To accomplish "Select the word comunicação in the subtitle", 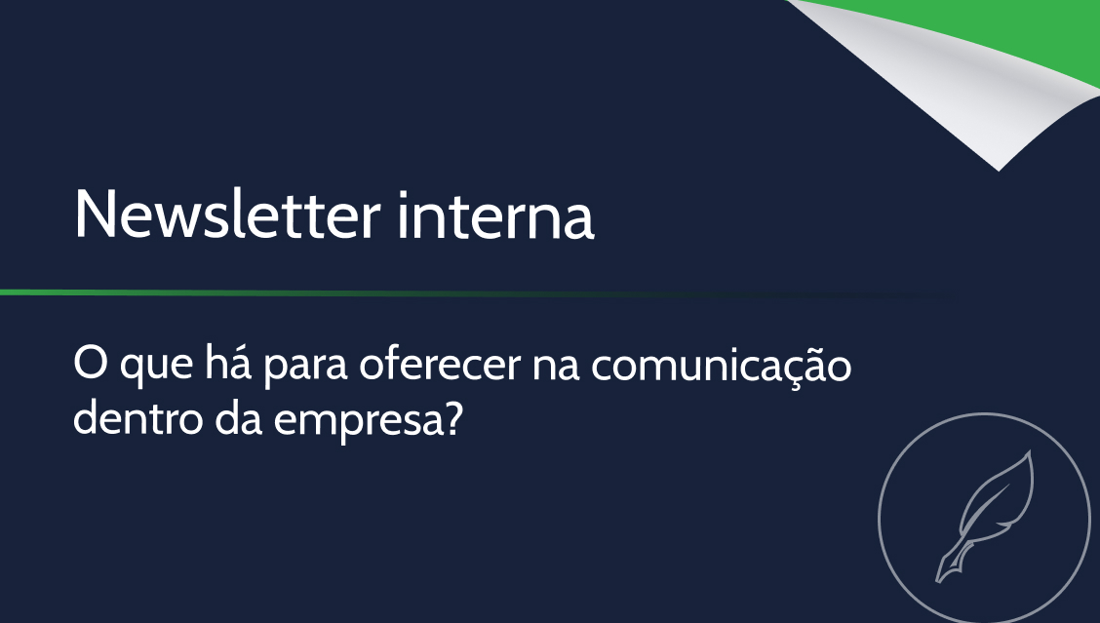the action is point(722,367).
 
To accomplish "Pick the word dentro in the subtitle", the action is point(138,418).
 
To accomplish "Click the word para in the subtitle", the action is point(305,368).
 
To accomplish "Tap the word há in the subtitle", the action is point(228,364).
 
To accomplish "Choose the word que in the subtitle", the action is point(156,368).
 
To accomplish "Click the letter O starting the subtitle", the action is point(90,364).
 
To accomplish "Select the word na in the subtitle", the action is point(556,367).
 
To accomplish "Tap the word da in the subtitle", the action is point(239,418).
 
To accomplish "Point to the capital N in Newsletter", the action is point(94,214).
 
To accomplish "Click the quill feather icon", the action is point(985,516).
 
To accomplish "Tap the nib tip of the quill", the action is point(938,581).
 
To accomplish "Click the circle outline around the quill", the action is point(879,519).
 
